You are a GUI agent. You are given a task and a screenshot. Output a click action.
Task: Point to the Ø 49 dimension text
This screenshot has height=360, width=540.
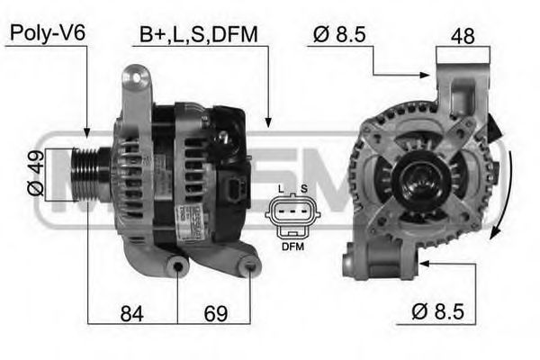[35, 175]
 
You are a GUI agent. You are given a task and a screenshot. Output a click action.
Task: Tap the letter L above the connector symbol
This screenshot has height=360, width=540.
[282, 188]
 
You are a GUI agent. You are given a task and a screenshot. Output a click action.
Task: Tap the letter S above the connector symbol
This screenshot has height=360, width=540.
[304, 188]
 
